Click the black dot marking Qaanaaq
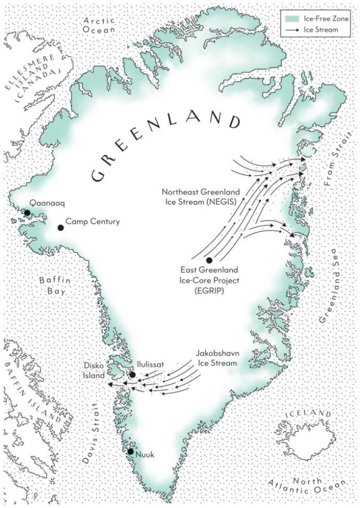tap(27, 213)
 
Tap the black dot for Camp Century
tap(61, 228)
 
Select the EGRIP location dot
tap(209, 260)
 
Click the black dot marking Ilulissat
tap(132, 375)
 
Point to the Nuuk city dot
tap(130, 452)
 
